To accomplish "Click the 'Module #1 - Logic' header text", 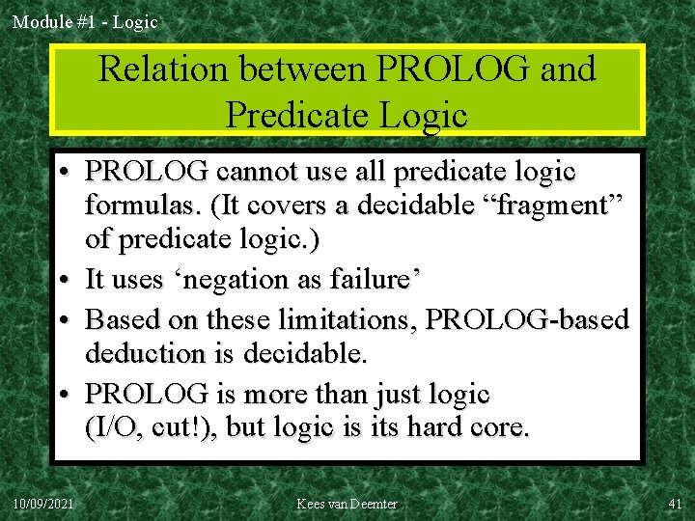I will pyautogui.click(x=85, y=21).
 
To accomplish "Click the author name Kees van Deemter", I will pyautogui.click(x=347, y=504).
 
